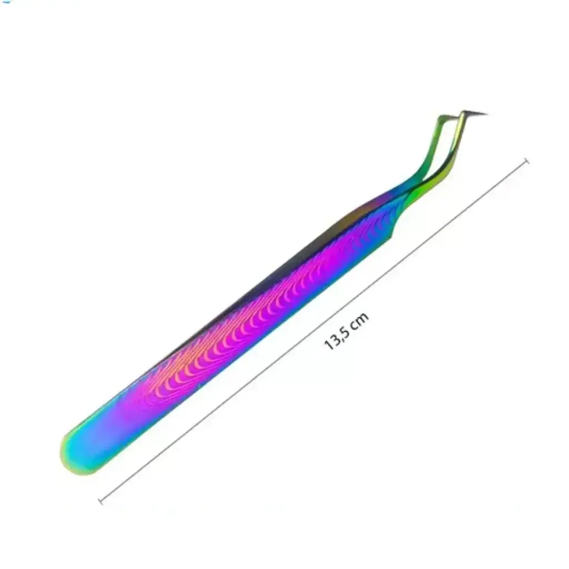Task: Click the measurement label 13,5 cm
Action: [x=347, y=331]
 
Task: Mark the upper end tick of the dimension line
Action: [x=527, y=161]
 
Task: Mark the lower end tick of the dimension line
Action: [x=101, y=501]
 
